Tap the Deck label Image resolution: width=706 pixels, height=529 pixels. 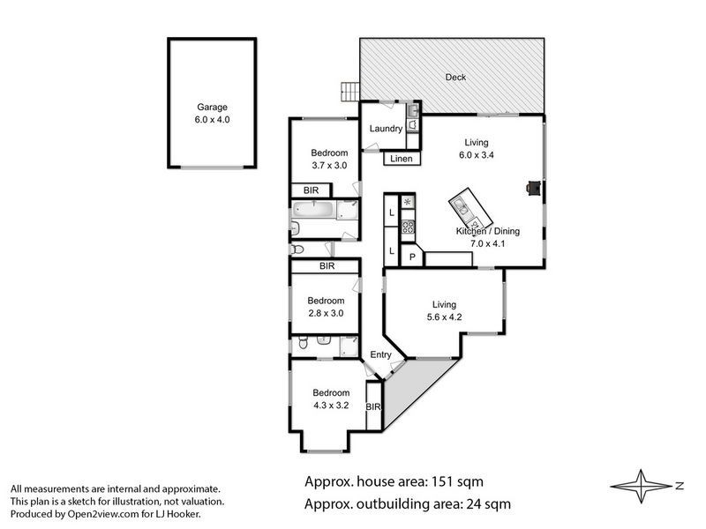pyautogui.click(x=455, y=78)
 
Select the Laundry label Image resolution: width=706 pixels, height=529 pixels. pyautogui.click(x=386, y=129)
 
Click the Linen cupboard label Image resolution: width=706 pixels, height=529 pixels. pyautogui.click(x=401, y=160)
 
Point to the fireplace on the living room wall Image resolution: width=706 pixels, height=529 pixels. pyautogui.click(x=533, y=187)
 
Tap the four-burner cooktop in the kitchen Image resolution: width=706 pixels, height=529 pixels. pyautogui.click(x=408, y=227)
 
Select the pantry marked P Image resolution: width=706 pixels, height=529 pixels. pyautogui.click(x=410, y=257)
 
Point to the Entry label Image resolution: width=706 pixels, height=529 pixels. pyautogui.click(x=380, y=354)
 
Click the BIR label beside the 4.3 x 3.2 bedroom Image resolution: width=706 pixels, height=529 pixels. pyautogui.click(x=372, y=406)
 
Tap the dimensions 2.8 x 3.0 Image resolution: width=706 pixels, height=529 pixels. pyautogui.click(x=325, y=312)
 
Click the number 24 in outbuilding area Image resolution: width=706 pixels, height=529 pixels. pyautogui.click(x=472, y=505)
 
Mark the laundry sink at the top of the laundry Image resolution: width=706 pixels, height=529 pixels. pyautogui.click(x=412, y=110)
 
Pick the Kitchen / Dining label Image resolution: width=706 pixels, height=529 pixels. pyautogui.click(x=487, y=231)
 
